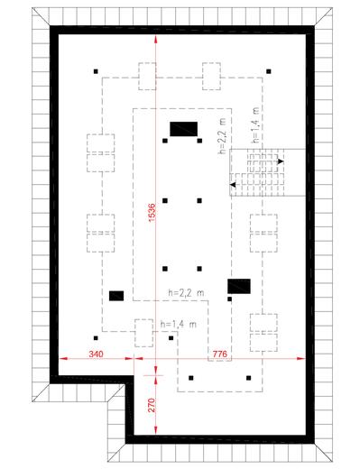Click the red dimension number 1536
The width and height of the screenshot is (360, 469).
(x=152, y=213)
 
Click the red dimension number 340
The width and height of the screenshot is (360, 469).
(x=96, y=354)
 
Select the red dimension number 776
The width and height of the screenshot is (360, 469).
(x=220, y=354)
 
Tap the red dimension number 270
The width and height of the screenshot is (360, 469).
(x=152, y=405)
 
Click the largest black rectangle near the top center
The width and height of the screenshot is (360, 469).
(x=183, y=129)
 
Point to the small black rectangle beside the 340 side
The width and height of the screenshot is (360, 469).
(x=116, y=296)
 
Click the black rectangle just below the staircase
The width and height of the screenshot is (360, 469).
(x=239, y=286)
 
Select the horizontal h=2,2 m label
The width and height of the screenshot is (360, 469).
(x=186, y=292)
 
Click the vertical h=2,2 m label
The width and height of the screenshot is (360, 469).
(x=222, y=135)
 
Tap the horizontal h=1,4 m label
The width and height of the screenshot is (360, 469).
(x=179, y=325)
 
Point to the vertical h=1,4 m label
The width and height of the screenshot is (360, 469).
(x=255, y=124)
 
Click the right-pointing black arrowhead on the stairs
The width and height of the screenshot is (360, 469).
(x=281, y=161)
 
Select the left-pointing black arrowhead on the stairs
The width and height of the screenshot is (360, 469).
(x=233, y=185)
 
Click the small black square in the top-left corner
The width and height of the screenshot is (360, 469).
(x=96, y=71)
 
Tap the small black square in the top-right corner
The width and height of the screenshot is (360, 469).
(x=269, y=71)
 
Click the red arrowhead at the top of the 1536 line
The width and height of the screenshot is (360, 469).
(x=155, y=39)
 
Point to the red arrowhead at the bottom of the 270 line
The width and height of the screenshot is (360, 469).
(x=155, y=430)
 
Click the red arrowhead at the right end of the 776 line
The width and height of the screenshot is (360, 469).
(x=301, y=358)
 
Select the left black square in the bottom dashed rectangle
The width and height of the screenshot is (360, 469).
(x=191, y=378)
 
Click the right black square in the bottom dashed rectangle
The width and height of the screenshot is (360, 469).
(x=248, y=378)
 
